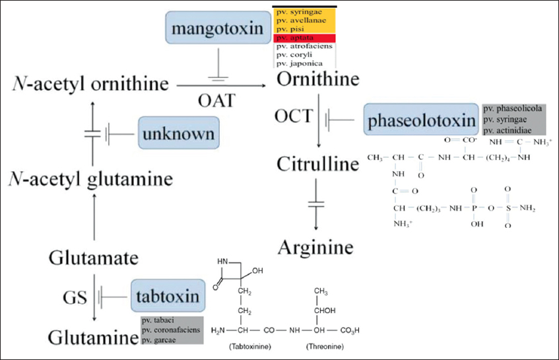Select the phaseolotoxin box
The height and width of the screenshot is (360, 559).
pos(421,121)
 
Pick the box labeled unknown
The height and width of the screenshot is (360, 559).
pos(178,133)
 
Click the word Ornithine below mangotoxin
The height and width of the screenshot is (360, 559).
pos(318,81)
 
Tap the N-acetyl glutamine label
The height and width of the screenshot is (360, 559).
pos(91,178)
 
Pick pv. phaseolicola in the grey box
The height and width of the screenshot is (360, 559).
pos(513,108)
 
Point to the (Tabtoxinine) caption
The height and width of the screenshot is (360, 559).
pos(245,346)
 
